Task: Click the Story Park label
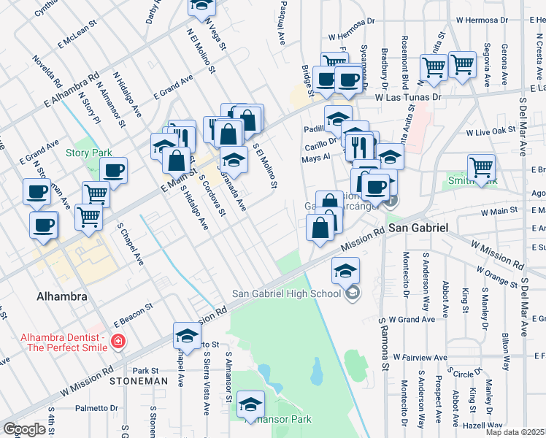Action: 88,153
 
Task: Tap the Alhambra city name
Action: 62,297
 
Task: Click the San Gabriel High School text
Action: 286,293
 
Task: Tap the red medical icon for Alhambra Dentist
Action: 117,341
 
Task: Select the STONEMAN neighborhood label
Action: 134,381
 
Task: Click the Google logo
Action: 24,429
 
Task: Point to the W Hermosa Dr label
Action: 355,34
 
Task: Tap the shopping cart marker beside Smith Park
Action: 481,168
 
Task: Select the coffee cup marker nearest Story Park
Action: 113,171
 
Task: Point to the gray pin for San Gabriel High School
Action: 353,293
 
